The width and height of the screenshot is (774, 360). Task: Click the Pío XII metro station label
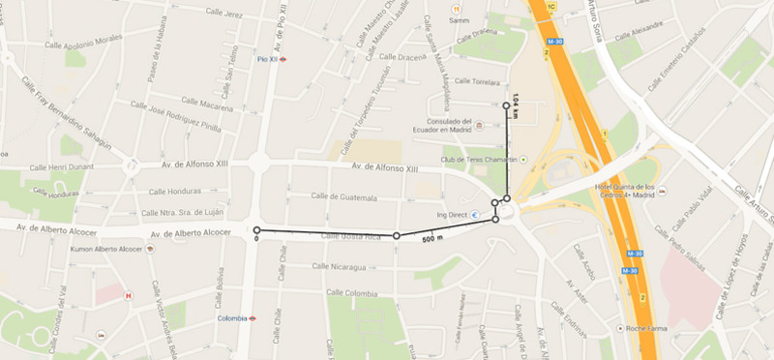point(268,59)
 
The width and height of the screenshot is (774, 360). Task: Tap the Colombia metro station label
point(232,317)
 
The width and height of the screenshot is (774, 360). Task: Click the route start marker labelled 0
point(256,230)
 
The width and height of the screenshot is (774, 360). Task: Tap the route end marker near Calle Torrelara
point(506,105)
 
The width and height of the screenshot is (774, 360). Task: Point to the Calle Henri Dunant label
point(67,167)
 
